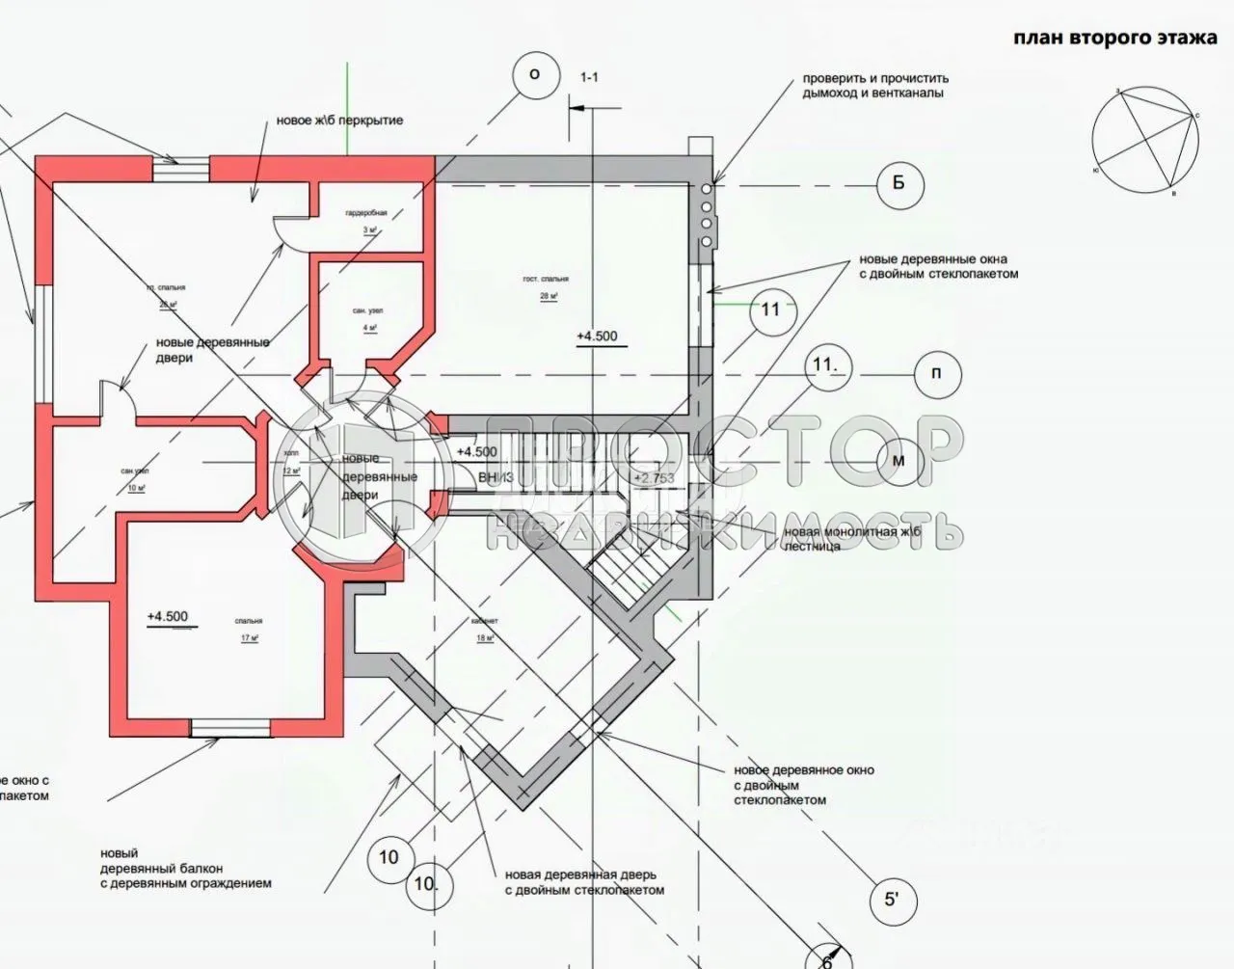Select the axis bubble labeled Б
[x=899, y=183]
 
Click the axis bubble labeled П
[x=936, y=373]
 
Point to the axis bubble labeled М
[x=899, y=461]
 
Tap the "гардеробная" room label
[x=366, y=212]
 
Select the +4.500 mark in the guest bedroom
[x=597, y=336]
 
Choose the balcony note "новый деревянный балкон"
[x=185, y=868]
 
